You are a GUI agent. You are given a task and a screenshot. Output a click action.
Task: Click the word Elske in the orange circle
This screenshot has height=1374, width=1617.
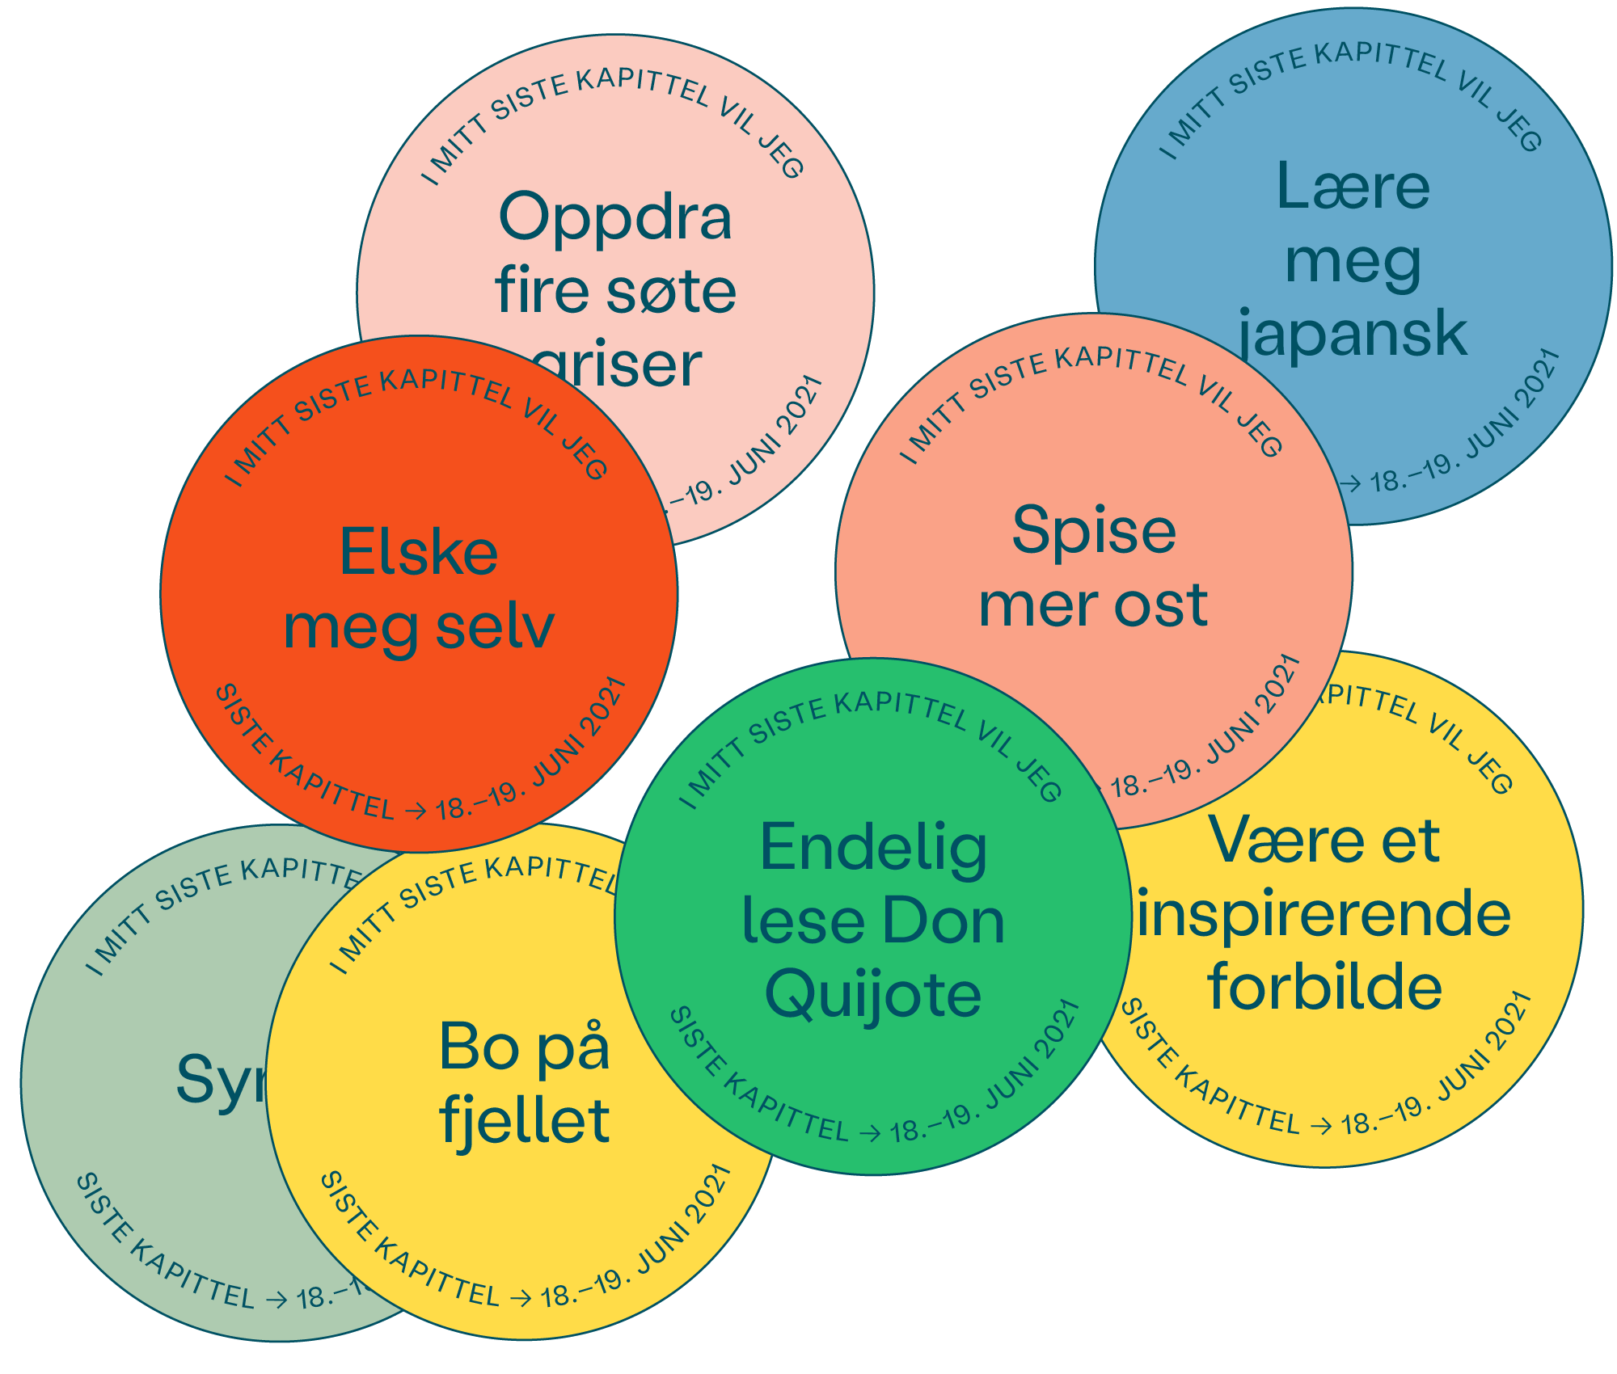click(419, 554)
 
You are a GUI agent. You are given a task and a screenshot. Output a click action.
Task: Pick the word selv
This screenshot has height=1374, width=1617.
click(495, 627)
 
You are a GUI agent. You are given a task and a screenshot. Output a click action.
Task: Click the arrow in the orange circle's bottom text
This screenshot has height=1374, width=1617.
click(416, 811)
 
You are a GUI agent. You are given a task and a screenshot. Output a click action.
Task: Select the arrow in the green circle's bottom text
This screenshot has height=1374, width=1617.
click(870, 1134)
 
